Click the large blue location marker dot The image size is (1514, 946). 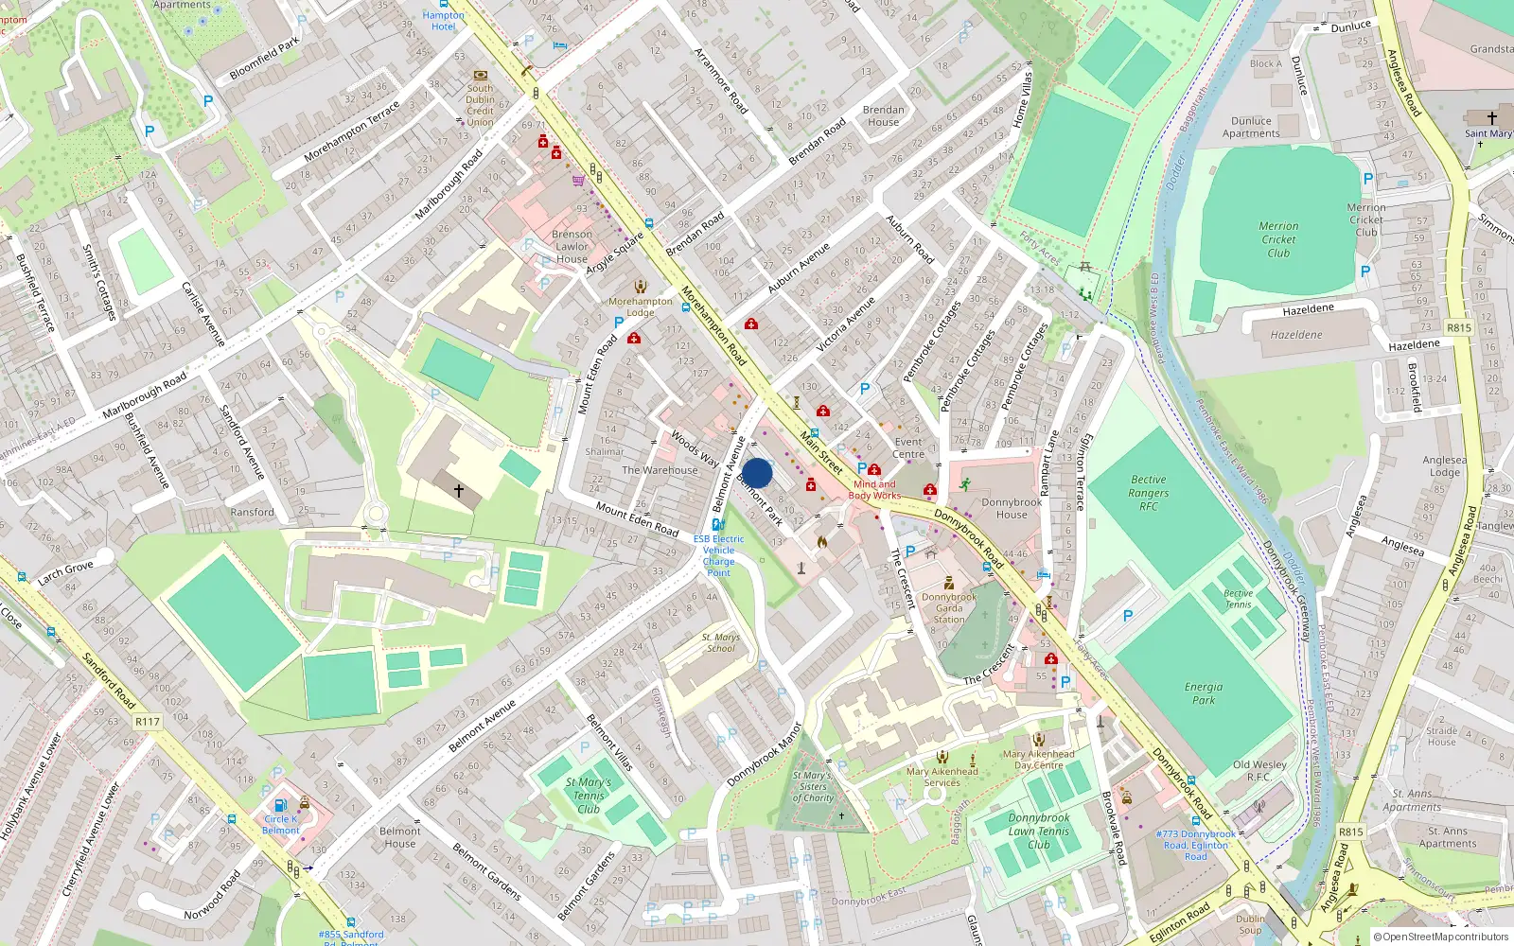[757, 473]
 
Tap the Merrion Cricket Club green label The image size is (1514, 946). [1278, 239]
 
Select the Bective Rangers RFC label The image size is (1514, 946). [1148, 493]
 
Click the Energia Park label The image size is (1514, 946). [1203, 693]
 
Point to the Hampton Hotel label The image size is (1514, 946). [443, 21]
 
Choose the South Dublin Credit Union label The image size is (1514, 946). [480, 105]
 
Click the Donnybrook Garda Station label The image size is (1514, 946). [949, 608]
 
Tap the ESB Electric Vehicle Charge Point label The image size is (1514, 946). [718, 555]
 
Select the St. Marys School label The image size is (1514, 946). [721, 643]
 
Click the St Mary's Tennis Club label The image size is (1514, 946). [588, 796]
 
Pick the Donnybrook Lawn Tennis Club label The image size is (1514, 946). [1039, 831]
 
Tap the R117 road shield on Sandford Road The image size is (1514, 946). [148, 722]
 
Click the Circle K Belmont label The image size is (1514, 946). [281, 825]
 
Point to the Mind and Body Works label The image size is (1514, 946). [874, 490]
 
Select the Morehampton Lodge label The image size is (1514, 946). [641, 307]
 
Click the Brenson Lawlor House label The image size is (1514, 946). [572, 247]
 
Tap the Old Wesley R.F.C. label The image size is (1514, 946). [1259, 771]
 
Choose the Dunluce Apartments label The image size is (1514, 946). [1251, 128]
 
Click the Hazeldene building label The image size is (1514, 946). [1296, 335]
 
